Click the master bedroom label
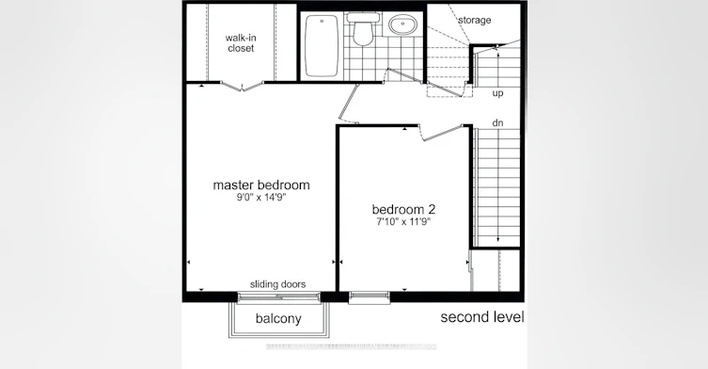pyautogui.click(x=261, y=184)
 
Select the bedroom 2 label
pyautogui.click(x=403, y=209)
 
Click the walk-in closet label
pyautogui.click(x=241, y=43)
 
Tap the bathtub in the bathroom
pyautogui.click(x=322, y=46)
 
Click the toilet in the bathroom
pyautogui.click(x=363, y=29)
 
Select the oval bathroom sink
pyautogui.click(x=403, y=25)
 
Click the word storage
pyautogui.click(x=475, y=20)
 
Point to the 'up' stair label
pyautogui.click(x=497, y=93)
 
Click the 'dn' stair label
pyautogui.click(x=497, y=123)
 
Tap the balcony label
pyautogui.click(x=278, y=318)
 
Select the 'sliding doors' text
pyautogui.click(x=277, y=284)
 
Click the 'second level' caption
pyautogui.click(x=482, y=317)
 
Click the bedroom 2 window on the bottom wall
pyautogui.click(x=370, y=297)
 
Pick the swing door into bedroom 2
pyautogui.click(x=443, y=132)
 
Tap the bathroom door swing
pyautogui.click(x=404, y=75)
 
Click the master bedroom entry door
pyautogui.click(x=349, y=104)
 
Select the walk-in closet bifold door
pyautogui.click(x=242, y=86)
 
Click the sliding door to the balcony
pyautogui.click(x=278, y=297)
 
